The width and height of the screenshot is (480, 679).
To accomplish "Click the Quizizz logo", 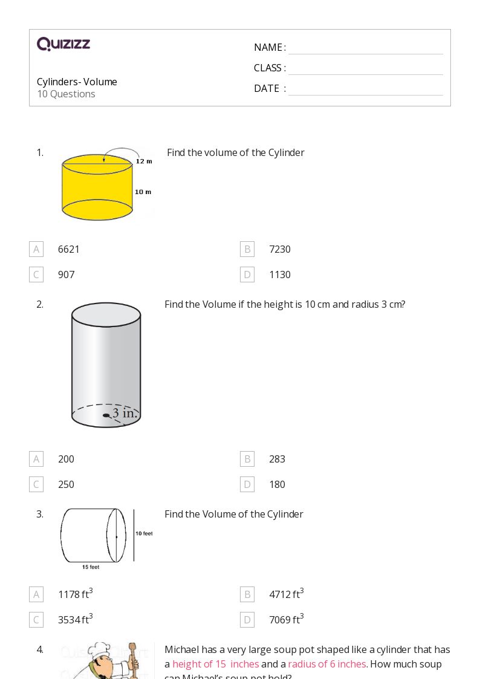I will coord(63,44).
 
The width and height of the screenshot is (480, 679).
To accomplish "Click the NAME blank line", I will coord(365,48).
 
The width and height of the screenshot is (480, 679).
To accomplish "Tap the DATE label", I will coord(267,88).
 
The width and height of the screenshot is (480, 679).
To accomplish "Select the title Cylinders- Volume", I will coord(77,82).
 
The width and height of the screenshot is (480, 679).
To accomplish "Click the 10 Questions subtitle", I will coord(66,94).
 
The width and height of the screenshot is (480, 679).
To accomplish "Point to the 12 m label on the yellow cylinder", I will coord(144,161).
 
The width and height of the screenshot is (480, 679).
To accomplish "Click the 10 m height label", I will coord(143,192).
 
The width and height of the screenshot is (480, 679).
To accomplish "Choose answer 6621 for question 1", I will coord(69,249).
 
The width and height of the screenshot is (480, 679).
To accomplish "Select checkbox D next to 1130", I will coord(247,275).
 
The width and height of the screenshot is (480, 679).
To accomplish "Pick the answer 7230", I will coord(280,249).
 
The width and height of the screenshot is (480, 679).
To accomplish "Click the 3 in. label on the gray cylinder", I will coord(125,414).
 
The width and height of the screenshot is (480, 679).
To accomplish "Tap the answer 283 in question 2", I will coord(277,459).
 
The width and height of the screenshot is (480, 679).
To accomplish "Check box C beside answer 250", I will coord(36,484).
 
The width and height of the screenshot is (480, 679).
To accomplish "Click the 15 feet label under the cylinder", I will coord(91,567).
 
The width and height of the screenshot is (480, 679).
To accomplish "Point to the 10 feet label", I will coord(144,533).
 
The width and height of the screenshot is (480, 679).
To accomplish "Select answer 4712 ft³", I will coord(286,594).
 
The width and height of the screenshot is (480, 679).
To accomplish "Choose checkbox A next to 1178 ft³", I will coord(36,594).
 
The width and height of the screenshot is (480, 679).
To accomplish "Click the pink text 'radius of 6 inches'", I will coord(327,664).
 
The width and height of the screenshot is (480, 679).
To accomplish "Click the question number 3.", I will coord(40,514).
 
